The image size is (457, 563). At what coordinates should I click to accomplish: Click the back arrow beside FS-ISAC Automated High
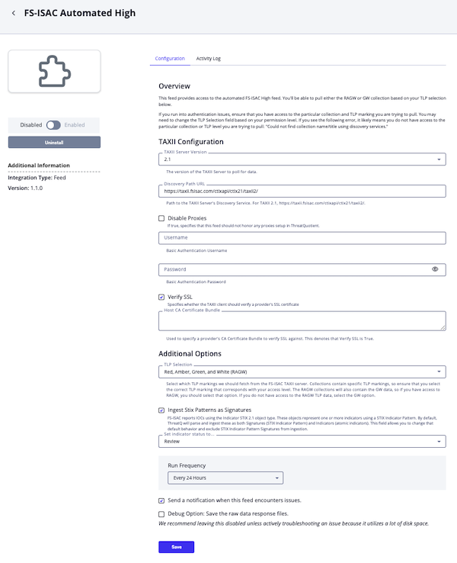(13, 13)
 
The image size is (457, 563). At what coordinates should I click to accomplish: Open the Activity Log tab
(208, 59)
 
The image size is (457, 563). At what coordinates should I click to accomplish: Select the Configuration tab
(170, 59)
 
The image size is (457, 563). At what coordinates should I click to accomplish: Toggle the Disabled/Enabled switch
(53, 124)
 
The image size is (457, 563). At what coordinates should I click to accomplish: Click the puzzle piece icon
(54, 72)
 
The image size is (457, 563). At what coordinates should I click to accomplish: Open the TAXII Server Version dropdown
(302, 159)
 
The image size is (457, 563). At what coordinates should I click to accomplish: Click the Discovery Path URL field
(302, 191)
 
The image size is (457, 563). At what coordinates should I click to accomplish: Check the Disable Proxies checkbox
(161, 218)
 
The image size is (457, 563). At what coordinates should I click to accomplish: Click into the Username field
(302, 238)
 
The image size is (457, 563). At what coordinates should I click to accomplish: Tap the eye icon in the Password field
(435, 269)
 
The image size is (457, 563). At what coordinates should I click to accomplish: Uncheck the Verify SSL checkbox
(161, 297)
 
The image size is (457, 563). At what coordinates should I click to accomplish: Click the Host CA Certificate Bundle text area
(302, 321)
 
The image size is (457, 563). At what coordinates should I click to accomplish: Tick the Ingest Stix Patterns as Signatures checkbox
(161, 410)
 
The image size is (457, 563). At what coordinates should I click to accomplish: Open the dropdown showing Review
(302, 441)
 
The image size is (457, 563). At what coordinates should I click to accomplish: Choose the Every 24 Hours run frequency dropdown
(225, 478)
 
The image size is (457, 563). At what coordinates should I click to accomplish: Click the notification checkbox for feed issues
(161, 500)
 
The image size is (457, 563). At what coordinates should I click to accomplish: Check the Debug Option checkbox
(161, 514)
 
